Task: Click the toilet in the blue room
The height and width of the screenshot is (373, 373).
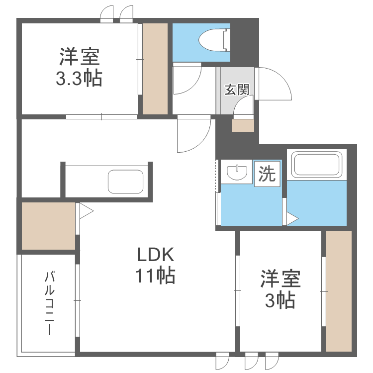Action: (214, 40)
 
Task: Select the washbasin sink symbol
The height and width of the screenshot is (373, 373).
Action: (237, 172)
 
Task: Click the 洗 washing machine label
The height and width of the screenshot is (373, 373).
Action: (267, 174)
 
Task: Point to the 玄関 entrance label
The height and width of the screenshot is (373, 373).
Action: (237, 90)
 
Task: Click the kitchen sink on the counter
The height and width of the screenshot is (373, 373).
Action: (126, 182)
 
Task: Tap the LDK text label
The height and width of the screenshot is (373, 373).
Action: (156, 255)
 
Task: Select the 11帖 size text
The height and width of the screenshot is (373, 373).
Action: (155, 276)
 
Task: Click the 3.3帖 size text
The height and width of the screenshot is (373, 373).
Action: (79, 78)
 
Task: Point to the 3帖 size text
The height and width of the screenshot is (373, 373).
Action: (280, 300)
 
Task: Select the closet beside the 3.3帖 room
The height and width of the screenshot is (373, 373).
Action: (155, 69)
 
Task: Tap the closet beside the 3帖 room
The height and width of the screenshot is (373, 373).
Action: (339, 291)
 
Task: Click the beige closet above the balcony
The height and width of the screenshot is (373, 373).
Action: (49, 226)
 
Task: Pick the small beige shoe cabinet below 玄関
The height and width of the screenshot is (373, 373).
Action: (243, 125)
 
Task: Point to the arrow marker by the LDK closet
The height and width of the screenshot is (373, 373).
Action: (87, 211)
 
